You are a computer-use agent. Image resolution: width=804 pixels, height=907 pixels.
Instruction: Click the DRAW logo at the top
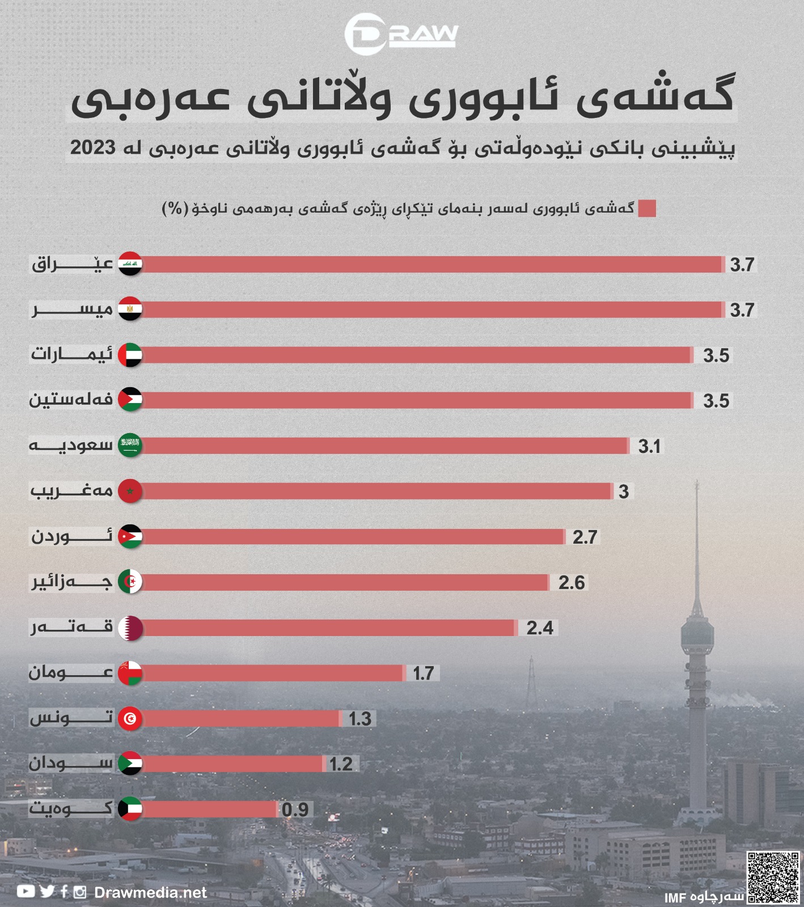coord(401,35)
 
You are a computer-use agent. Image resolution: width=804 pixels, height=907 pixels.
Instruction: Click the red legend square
coord(647,209)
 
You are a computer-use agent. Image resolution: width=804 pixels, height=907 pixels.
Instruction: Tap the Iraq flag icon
coord(130,264)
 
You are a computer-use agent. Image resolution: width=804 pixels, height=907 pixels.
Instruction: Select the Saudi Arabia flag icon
coord(130,446)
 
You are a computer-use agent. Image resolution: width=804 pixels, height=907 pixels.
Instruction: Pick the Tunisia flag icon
coord(130,719)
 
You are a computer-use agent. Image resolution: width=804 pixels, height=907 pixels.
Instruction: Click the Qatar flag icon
coord(130,628)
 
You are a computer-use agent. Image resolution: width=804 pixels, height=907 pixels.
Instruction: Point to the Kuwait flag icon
coord(130,809)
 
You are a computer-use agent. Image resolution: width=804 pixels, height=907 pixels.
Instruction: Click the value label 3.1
coord(649,447)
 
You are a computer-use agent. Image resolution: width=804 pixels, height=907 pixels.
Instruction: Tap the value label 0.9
coord(295,810)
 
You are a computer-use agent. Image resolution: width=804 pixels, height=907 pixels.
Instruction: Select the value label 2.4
coord(540,628)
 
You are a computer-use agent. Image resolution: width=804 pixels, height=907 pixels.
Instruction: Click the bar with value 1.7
coord(272,673)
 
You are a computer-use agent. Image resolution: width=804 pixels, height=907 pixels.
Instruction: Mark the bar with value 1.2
coord(232,764)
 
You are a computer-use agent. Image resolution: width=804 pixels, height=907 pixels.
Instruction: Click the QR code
coord(773,876)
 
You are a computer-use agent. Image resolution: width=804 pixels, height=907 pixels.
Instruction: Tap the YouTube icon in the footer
coord(26,892)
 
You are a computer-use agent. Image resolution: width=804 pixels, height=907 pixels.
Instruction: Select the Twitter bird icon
coord(48,892)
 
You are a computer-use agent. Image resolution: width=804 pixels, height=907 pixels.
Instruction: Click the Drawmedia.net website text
coord(150,893)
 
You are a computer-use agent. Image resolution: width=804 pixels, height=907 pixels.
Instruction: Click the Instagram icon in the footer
coord(81,892)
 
